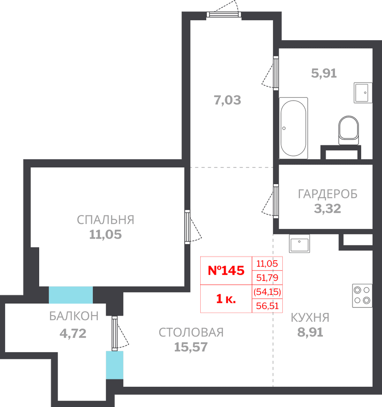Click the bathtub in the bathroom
[x=293, y=128]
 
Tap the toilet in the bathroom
[x=348, y=130]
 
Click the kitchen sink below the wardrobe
[x=299, y=244]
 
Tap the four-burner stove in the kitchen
[x=362, y=296]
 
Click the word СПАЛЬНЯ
[x=106, y=220]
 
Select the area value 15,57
[x=191, y=347]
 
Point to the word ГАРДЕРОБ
[x=328, y=194]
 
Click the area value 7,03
[x=227, y=100]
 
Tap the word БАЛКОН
[x=74, y=316]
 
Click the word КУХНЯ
[x=310, y=317]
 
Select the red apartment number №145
[x=226, y=270]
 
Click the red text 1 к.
[x=226, y=299]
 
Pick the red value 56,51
[x=267, y=306]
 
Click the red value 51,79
[x=267, y=278]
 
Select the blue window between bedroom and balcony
[x=71, y=295]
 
